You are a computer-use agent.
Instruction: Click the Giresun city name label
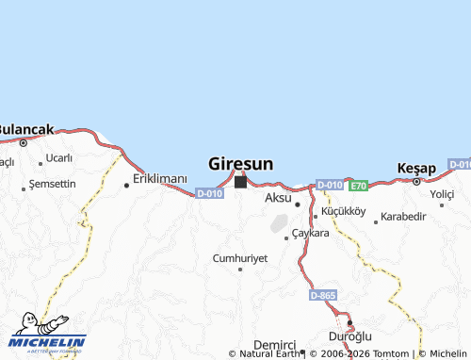coord(240,164)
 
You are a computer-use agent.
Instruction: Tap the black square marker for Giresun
coord(240,182)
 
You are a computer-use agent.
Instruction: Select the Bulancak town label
coord(26,129)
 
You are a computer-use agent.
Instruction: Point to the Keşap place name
coord(417,168)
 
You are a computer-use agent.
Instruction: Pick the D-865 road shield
coord(322,296)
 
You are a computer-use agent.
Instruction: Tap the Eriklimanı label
coord(160,178)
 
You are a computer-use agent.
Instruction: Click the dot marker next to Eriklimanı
coord(126,186)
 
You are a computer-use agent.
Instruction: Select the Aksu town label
coord(278,198)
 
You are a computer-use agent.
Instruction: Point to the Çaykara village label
coord(310,233)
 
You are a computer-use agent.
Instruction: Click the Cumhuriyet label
coord(240,257)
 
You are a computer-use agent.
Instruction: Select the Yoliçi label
coord(442,194)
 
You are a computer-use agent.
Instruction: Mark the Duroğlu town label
coord(350,335)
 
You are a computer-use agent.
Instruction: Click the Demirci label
coord(276,345)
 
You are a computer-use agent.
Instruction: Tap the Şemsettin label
coord(53,184)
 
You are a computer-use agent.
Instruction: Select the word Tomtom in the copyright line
coord(390,353)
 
